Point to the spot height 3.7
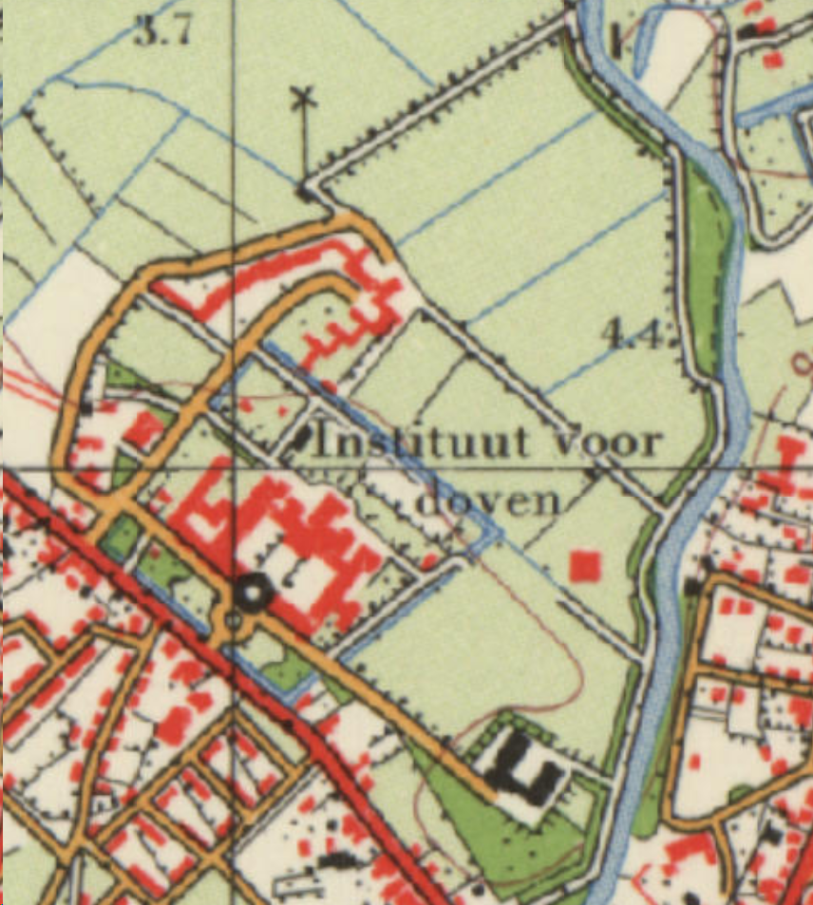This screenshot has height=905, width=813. [162, 31]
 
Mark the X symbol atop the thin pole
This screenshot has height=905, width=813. [303, 96]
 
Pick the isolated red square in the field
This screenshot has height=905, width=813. [585, 566]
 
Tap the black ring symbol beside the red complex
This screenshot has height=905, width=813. [254, 594]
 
